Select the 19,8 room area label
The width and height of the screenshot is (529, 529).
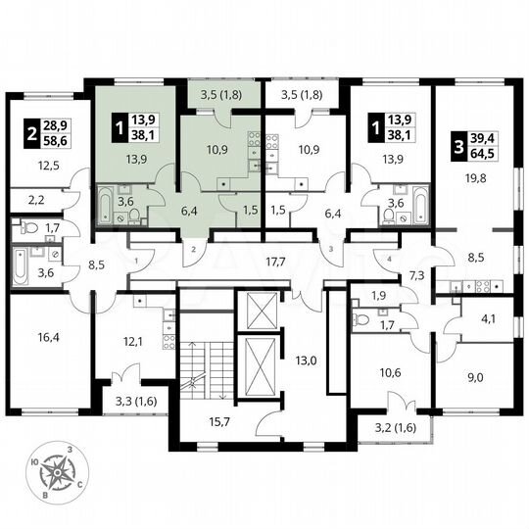tap(476, 176)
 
